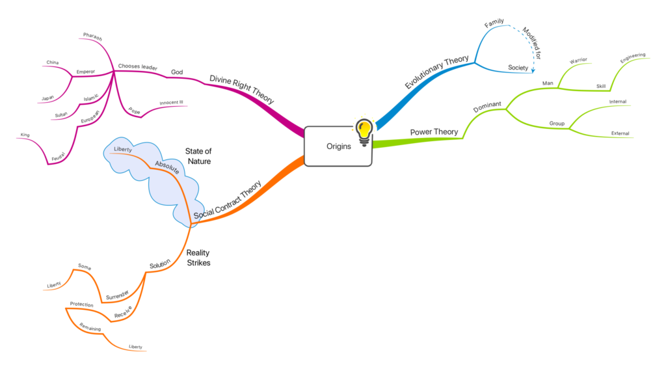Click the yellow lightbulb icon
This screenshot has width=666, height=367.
(x=364, y=129)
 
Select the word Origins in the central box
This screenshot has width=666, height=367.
(x=338, y=146)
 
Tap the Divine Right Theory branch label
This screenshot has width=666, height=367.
(x=241, y=89)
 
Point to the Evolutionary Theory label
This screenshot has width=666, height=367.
(x=436, y=72)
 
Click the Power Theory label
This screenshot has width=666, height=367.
(x=434, y=132)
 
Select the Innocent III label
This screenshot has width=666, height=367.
(x=171, y=102)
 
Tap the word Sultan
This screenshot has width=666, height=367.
(x=60, y=115)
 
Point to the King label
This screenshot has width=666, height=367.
(x=25, y=135)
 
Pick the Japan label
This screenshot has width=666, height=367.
(x=47, y=98)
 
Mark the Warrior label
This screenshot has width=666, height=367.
(x=578, y=61)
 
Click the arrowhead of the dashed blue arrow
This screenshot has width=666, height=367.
(x=533, y=70)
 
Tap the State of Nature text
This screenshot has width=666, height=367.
(x=198, y=156)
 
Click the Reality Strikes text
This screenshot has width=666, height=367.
(x=198, y=258)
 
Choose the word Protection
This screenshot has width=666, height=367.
(x=82, y=304)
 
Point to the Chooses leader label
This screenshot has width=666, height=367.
(x=138, y=66)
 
